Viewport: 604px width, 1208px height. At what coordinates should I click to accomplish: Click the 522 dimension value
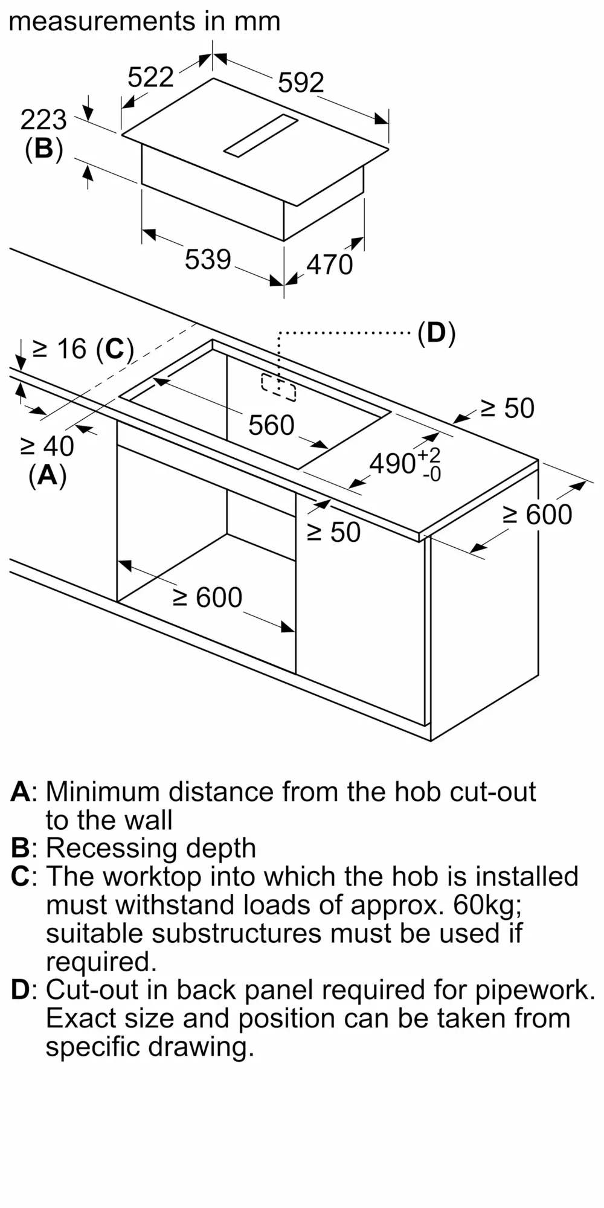[150, 77]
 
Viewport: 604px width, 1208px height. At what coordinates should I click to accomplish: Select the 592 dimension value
[301, 82]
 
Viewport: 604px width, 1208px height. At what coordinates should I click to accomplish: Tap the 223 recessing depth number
[43, 120]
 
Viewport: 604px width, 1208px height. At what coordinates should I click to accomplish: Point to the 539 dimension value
[208, 259]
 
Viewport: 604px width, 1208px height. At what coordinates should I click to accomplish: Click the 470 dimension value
[329, 265]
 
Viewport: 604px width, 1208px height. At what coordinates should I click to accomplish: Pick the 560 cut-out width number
[271, 425]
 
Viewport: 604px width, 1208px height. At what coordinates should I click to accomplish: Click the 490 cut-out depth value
[393, 463]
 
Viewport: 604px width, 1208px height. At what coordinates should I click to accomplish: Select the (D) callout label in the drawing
[436, 333]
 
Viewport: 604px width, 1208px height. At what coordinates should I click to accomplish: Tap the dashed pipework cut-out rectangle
[278, 387]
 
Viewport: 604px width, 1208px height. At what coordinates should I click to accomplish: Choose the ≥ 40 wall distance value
[47, 446]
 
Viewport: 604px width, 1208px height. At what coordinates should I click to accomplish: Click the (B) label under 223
[43, 149]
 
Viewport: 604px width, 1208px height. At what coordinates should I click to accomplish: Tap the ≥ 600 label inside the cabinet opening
[208, 597]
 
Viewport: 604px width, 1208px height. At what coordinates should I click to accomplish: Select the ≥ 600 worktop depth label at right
[537, 515]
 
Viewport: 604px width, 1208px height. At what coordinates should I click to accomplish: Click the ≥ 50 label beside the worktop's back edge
[507, 409]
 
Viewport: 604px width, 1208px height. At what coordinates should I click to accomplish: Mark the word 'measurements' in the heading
[101, 22]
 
